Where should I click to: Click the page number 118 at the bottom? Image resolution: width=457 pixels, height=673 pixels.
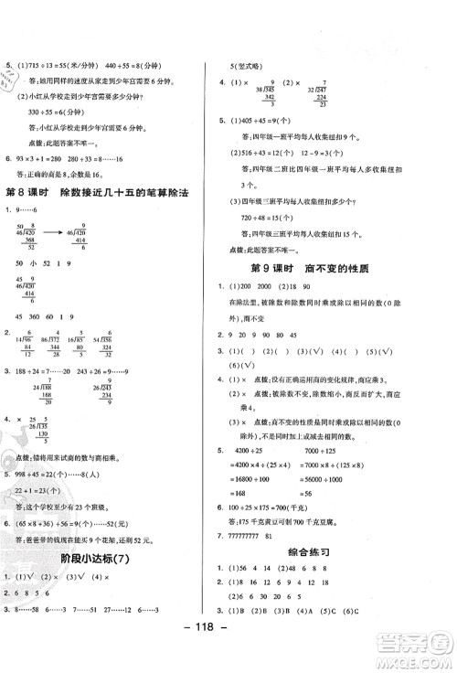click(228, 653)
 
